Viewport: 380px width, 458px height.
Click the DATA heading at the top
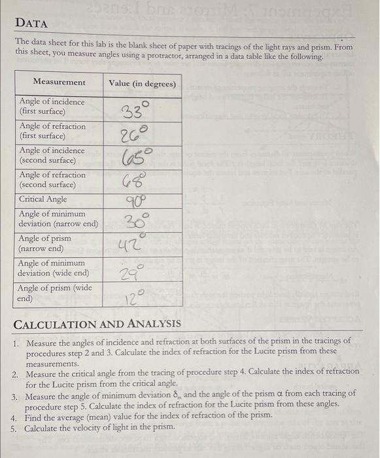[x=32, y=24]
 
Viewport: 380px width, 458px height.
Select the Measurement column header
[x=59, y=82]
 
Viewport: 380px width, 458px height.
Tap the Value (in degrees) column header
[x=143, y=83]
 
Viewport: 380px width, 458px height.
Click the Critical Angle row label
[x=43, y=200]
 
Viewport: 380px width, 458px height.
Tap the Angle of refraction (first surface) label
[x=52, y=131]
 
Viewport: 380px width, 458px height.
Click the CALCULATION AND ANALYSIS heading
[x=97, y=324]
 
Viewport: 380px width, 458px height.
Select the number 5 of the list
[x=14, y=428]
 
